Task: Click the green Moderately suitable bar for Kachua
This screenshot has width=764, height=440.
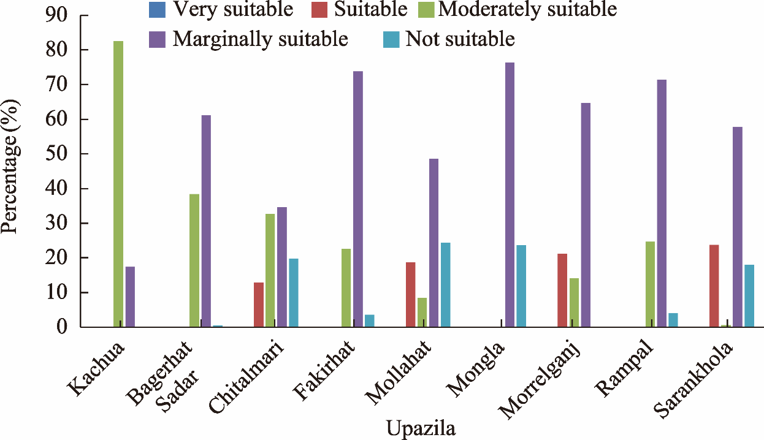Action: point(118,184)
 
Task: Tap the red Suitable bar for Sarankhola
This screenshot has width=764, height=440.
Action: point(714,286)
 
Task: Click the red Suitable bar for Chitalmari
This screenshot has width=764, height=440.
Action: point(259,305)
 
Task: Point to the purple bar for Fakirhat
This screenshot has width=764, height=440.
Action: point(357,199)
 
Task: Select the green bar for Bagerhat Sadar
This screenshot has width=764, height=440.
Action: point(194,260)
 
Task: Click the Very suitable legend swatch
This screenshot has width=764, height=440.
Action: point(157,10)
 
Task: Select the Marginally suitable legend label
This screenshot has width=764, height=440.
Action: point(260,39)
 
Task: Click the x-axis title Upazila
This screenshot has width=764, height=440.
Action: point(421,428)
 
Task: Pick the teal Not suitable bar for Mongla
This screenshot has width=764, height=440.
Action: point(521,286)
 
